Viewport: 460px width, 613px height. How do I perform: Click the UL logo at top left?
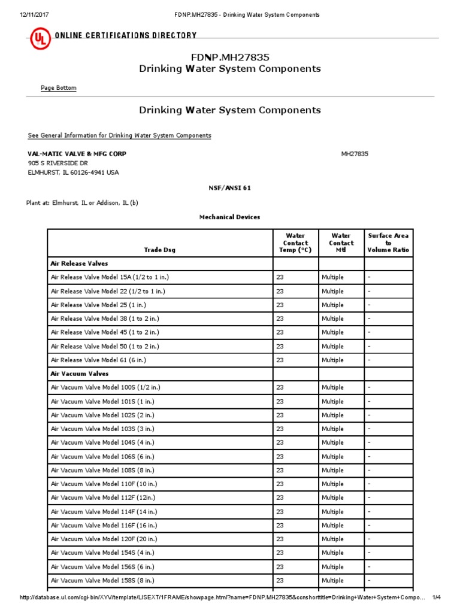[x=40, y=40]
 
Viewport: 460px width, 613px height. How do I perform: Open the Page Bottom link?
[x=58, y=88]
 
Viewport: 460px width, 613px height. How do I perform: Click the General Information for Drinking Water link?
[x=119, y=135]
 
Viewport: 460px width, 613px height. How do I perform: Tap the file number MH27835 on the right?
[x=355, y=154]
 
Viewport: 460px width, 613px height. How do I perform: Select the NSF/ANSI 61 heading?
[x=229, y=188]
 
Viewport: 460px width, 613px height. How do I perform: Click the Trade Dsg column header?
[x=160, y=250]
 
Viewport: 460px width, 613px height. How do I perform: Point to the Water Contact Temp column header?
[x=295, y=243]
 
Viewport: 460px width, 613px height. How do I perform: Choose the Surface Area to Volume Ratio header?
[x=388, y=243]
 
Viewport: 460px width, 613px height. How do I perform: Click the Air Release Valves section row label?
[x=79, y=263]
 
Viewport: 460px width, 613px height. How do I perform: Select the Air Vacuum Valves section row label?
[x=80, y=374]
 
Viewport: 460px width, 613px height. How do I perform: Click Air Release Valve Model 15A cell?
[x=108, y=277]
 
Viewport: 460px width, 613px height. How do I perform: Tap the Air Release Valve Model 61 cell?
[x=98, y=360]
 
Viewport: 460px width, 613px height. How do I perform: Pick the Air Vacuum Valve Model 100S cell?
[x=106, y=387]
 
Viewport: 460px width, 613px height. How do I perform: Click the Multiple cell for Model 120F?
[x=332, y=539]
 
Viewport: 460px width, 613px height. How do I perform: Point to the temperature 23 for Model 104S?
[x=280, y=442]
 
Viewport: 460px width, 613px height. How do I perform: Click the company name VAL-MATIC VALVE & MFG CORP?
[x=77, y=154]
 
